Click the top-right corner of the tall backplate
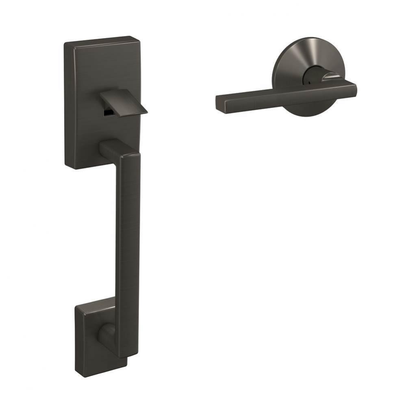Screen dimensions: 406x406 click(137, 37)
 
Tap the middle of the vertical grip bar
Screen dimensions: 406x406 click(128, 252)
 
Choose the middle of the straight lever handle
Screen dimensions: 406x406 click(284, 95)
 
